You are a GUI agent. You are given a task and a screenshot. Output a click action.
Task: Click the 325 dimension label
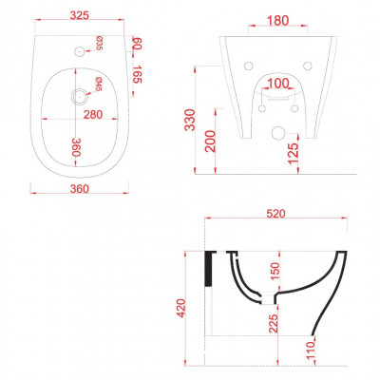pyautogui.click(x=79, y=15)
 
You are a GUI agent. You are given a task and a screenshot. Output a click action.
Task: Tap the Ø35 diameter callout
pyautogui.click(x=99, y=43)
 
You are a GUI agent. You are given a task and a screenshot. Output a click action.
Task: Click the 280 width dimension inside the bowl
pyautogui.click(x=93, y=114)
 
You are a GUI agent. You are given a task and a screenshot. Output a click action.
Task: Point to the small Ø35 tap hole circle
pyautogui.click(x=79, y=51)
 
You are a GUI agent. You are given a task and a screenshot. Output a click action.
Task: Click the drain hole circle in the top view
pyautogui.click(x=79, y=96)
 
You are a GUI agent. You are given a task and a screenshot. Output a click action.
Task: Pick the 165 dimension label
pyautogui.click(x=137, y=74)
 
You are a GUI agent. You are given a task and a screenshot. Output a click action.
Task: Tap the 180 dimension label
pyautogui.click(x=278, y=21)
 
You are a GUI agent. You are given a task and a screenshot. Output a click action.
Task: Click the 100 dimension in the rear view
pyautogui.click(x=278, y=84)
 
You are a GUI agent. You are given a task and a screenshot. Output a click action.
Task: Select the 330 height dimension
pyautogui.click(x=190, y=120)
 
